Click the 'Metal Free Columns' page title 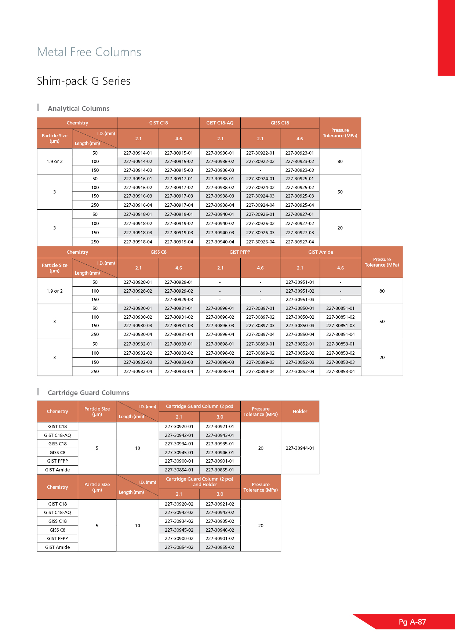(x=89, y=52)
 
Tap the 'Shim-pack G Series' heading (x=84, y=81)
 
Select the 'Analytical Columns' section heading (x=79, y=108)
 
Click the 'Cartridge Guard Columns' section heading (x=88, y=392)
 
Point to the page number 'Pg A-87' (x=412, y=622)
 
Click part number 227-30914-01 (x=138, y=153)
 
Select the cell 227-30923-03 (x=299, y=170)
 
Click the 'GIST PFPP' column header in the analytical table (x=240, y=252)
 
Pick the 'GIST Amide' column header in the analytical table (x=320, y=252)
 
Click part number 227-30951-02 (x=300, y=291)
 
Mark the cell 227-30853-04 (x=340, y=371)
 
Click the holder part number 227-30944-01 (x=300, y=448)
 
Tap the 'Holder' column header (x=300, y=411)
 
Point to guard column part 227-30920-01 (x=179, y=426)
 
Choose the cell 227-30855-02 (x=219, y=547)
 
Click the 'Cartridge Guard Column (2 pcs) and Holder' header (x=199, y=481)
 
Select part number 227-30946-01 (x=219, y=452)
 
